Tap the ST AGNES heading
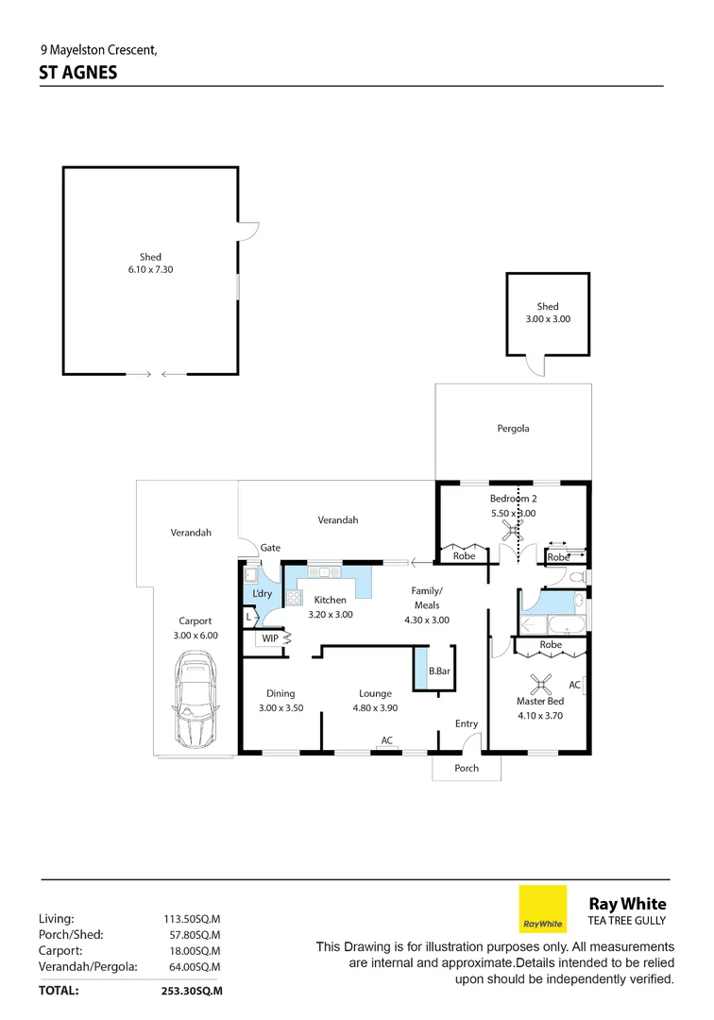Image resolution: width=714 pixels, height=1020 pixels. click(x=78, y=72)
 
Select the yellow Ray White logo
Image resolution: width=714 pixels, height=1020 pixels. click(x=543, y=909)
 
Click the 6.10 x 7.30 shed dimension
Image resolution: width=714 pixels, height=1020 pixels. click(x=150, y=269)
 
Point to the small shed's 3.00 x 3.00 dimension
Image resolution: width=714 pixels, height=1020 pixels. click(x=548, y=319)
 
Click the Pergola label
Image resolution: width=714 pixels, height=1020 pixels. click(x=513, y=428)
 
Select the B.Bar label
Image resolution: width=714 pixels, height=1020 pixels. click(x=438, y=671)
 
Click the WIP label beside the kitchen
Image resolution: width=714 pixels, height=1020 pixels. click(x=270, y=639)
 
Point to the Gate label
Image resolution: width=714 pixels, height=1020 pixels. click(x=271, y=548)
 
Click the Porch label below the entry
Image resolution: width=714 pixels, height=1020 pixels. click(x=467, y=768)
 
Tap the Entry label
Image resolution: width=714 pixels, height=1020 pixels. click(x=467, y=723)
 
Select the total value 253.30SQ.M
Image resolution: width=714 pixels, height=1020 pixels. click(x=192, y=991)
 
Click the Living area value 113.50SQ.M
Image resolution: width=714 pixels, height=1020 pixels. click(x=192, y=918)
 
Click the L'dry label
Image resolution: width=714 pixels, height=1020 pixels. click(x=263, y=593)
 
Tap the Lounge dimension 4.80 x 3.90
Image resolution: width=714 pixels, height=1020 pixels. click(x=375, y=707)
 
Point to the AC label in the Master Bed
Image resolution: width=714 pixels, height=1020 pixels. click(x=574, y=685)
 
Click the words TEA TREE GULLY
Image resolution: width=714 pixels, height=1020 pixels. click(x=628, y=921)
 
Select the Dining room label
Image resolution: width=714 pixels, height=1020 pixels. click(x=280, y=693)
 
